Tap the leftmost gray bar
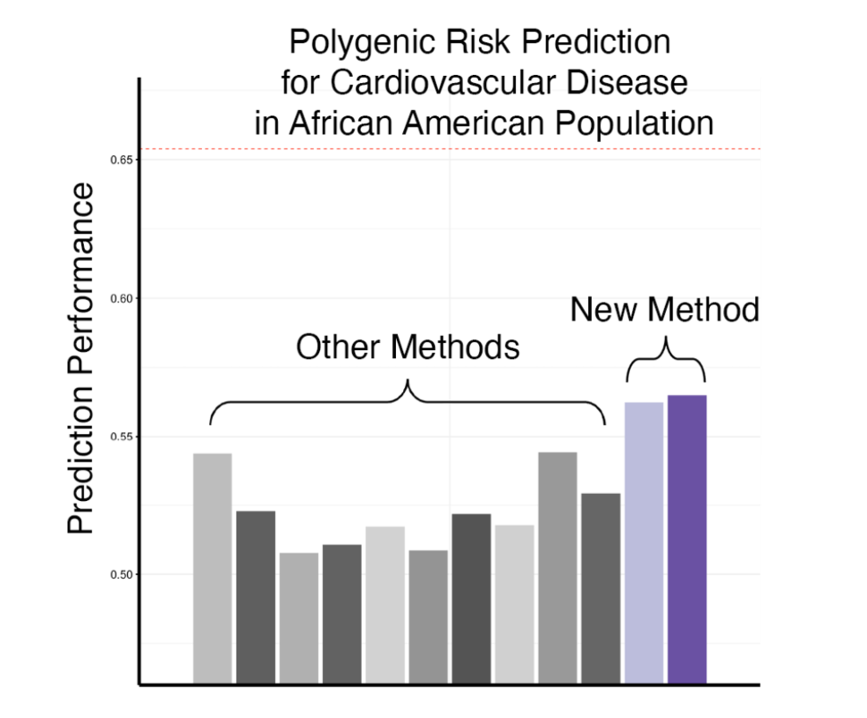(x=212, y=568)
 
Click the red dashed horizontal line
(x=447, y=148)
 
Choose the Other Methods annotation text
(x=408, y=347)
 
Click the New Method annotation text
(x=665, y=310)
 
